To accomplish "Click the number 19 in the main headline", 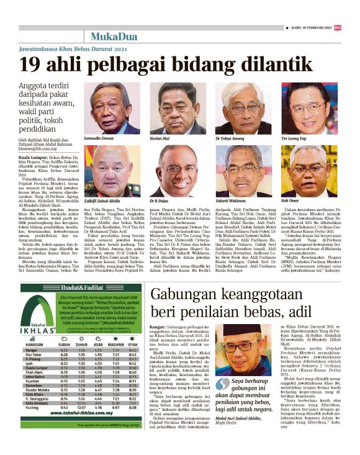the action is click(31, 65).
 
